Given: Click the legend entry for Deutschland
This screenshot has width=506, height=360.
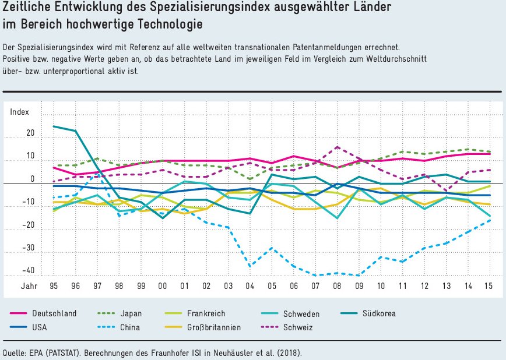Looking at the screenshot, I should click(x=54, y=313).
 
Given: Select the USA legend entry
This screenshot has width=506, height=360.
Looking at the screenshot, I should click(x=40, y=327).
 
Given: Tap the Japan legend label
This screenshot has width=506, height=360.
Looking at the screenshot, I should click(x=130, y=313).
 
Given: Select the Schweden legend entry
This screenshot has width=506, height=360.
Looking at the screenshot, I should click(x=301, y=313).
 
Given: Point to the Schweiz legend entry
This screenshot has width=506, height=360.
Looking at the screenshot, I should click(x=298, y=327).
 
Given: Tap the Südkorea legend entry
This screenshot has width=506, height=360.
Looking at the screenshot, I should click(x=379, y=313).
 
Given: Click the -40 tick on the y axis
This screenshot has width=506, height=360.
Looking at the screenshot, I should click(x=26, y=270).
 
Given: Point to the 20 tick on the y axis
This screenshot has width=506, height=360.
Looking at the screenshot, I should click(x=30, y=133).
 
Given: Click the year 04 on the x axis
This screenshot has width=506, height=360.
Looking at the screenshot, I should click(x=250, y=286).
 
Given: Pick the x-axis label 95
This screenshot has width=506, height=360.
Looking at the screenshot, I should click(x=53, y=286).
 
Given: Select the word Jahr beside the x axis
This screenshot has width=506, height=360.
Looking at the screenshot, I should click(x=30, y=286).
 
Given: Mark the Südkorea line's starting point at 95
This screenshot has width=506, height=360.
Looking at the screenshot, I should click(x=53, y=126).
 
